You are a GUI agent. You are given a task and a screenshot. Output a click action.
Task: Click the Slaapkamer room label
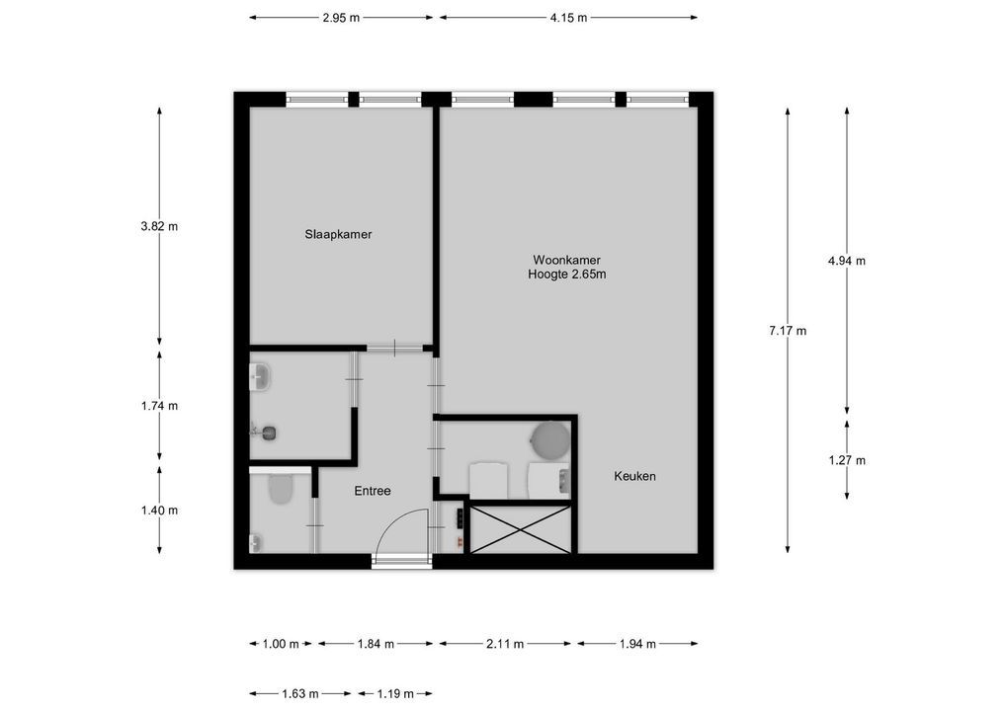tap(338, 234)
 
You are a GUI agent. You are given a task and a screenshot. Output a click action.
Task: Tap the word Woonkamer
tap(566, 260)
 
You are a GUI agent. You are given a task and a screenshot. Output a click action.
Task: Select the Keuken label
tap(634, 476)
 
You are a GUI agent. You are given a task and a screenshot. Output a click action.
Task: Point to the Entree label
tap(373, 491)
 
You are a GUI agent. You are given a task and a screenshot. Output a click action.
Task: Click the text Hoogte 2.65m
tap(566, 275)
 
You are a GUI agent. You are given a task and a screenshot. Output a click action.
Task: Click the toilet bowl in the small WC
tap(281, 489)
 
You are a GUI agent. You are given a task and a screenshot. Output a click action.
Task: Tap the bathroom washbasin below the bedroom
tap(261, 375)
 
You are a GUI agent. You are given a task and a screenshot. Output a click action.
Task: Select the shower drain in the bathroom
tap(267, 431)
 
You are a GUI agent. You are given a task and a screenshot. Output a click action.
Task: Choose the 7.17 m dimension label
tap(788, 331)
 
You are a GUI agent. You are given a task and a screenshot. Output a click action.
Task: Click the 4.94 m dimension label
tap(847, 261)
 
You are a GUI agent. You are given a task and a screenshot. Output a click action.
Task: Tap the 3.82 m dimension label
tap(160, 225)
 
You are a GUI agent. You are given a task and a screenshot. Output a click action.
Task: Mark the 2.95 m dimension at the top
tap(341, 18)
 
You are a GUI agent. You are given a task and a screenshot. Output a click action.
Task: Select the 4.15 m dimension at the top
tap(568, 18)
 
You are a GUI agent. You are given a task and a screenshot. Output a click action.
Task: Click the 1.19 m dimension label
tap(394, 693)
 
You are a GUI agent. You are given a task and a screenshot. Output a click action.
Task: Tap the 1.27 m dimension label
tap(847, 460)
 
